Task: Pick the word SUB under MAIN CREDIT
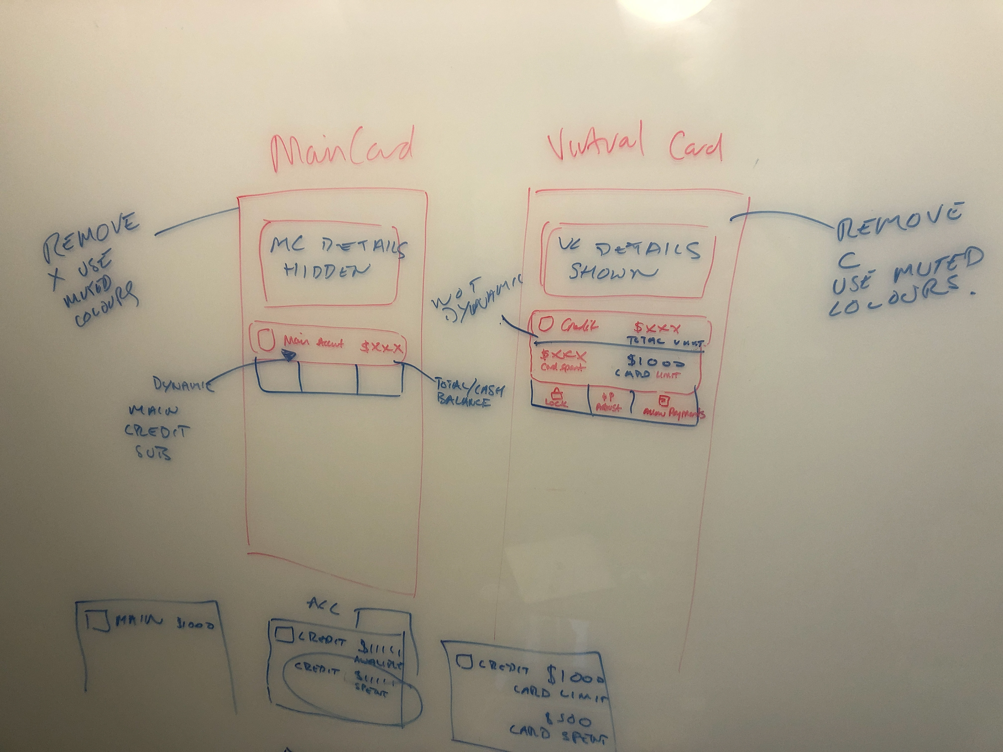(x=154, y=453)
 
